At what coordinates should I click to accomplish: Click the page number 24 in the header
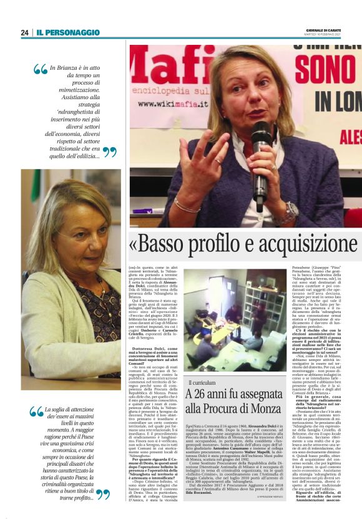pos(24,32)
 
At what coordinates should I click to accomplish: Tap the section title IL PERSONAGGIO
pos(67,32)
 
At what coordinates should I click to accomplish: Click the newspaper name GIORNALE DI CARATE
pos(336,30)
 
